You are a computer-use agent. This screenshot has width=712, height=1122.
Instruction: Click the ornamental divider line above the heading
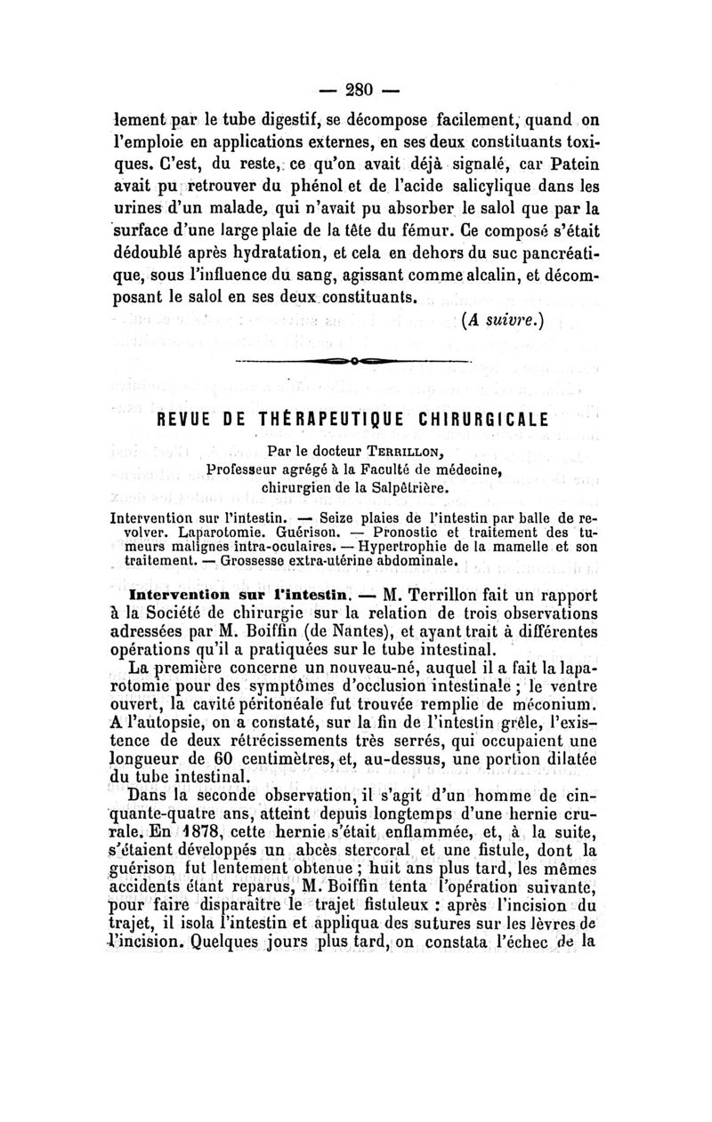(x=355, y=363)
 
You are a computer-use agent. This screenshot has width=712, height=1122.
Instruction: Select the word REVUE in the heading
(x=184, y=418)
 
